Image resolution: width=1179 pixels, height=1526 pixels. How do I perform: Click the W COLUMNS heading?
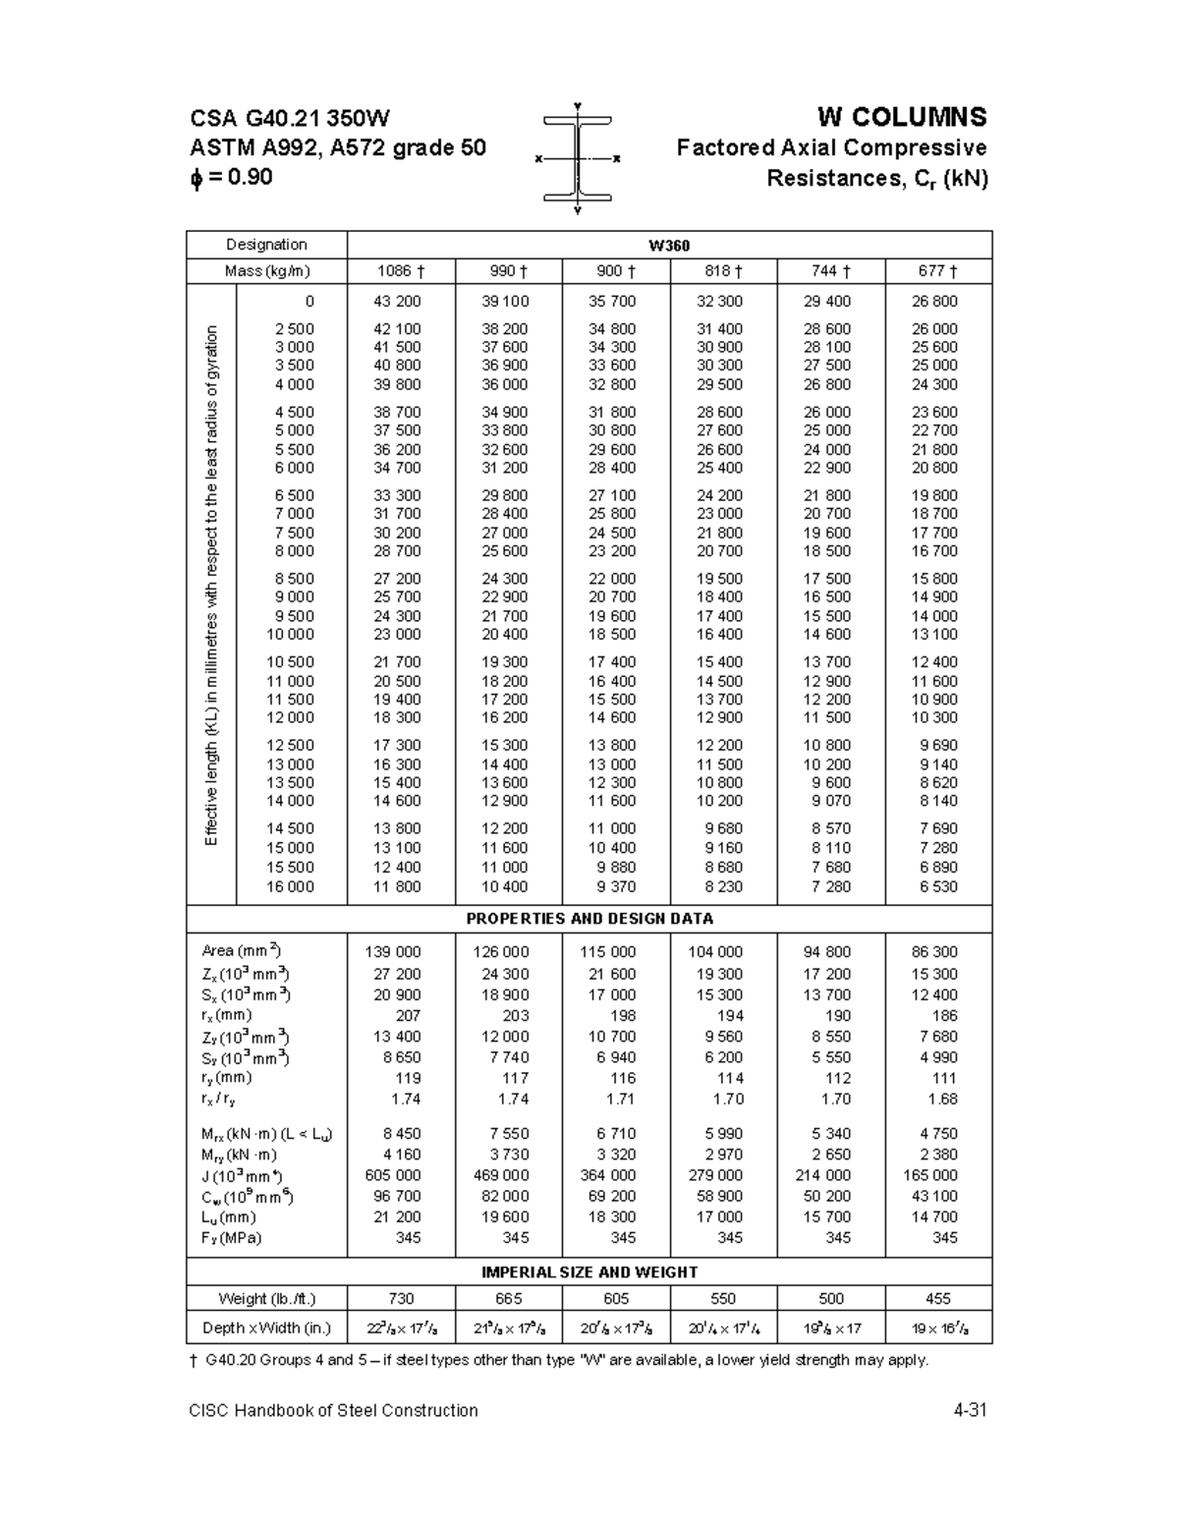[901, 118]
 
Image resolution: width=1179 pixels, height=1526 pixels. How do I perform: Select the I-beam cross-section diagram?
[577, 158]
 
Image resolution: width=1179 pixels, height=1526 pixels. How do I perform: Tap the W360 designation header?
[668, 245]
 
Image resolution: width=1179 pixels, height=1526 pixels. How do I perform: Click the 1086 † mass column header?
[400, 271]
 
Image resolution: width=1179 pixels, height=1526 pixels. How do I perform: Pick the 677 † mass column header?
[937, 271]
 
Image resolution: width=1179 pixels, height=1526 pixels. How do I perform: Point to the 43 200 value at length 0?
[397, 302]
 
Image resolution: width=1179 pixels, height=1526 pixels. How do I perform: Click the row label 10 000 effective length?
[290, 635]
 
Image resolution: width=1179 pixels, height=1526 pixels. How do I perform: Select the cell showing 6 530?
[934, 886]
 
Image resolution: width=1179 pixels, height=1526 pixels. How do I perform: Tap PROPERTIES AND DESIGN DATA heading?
[589, 919]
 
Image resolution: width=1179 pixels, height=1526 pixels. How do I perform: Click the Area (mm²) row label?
[242, 951]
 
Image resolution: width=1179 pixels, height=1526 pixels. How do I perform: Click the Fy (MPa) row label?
[232, 1238]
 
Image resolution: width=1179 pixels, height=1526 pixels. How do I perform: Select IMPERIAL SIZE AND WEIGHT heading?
[589, 1272]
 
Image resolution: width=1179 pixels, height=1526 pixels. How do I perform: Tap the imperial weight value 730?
[401, 1299]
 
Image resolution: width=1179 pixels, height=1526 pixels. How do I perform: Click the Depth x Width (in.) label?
[266, 1328]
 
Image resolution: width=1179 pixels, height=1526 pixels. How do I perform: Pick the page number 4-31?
[969, 1411]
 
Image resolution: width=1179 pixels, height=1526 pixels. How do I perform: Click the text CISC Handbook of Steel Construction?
[334, 1411]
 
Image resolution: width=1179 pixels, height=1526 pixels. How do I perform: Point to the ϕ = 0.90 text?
[231, 178]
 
